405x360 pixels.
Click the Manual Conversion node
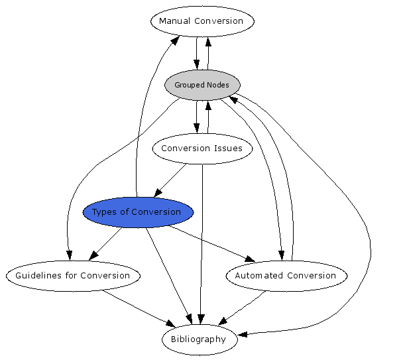click(x=202, y=21)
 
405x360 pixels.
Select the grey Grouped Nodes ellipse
click(x=202, y=85)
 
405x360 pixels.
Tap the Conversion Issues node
click(x=202, y=149)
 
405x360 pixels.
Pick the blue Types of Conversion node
click(x=138, y=212)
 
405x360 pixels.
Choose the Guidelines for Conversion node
click(x=73, y=276)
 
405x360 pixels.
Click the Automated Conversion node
click(x=286, y=276)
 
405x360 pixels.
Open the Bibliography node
click(x=198, y=339)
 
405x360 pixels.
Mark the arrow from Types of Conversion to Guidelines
click(x=106, y=244)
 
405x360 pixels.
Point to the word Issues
click(x=227, y=149)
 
